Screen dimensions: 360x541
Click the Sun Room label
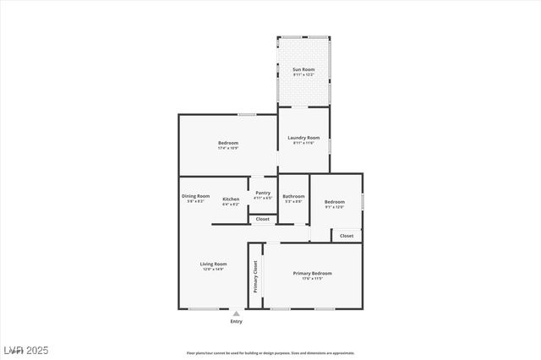pyautogui.click(x=303, y=69)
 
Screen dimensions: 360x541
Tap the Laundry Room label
pyautogui.click(x=303, y=138)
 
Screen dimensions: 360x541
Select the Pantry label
pyautogui.click(x=263, y=193)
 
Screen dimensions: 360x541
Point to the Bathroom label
pyautogui.click(x=294, y=197)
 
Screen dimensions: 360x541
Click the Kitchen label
pyautogui.click(x=231, y=199)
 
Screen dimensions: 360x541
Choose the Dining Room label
pyautogui.click(x=195, y=196)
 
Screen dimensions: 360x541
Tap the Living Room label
pyautogui.click(x=213, y=265)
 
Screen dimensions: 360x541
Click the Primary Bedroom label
pyautogui.click(x=312, y=273)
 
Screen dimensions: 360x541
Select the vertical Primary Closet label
pyautogui.click(x=255, y=276)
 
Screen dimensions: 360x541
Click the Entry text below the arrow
pyautogui.click(x=236, y=321)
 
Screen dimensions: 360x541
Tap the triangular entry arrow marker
pyautogui.click(x=236, y=314)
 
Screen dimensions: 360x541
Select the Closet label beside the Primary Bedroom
pyautogui.click(x=347, y=236)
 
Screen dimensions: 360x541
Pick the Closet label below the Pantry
pyautogui.click(x=263, y=219)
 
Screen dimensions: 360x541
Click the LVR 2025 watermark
pyautogui.click(x=26, y=350)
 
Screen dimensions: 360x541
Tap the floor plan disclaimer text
pyautogui.click(x=270, y=353)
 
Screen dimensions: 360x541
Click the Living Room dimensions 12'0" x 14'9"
pyautogui.click(x=213, y=270)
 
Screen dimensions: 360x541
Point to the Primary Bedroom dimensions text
pyautogui.click(x=312, y=278)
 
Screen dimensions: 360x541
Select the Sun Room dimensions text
pyautogui.click(x=303, y=74)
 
